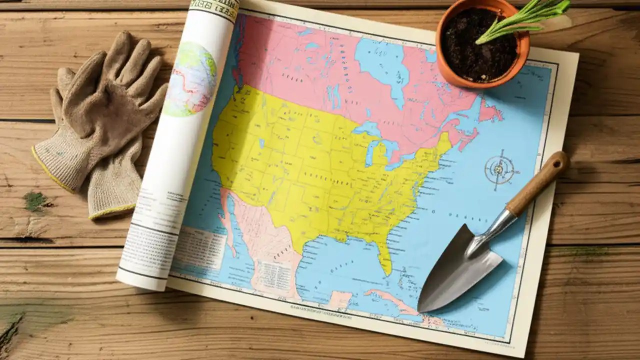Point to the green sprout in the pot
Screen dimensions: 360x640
click(520, 20)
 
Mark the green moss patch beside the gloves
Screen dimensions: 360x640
click(35, 201)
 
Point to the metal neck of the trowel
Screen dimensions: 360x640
click(492, 227)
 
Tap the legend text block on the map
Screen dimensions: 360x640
click(197, 245)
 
